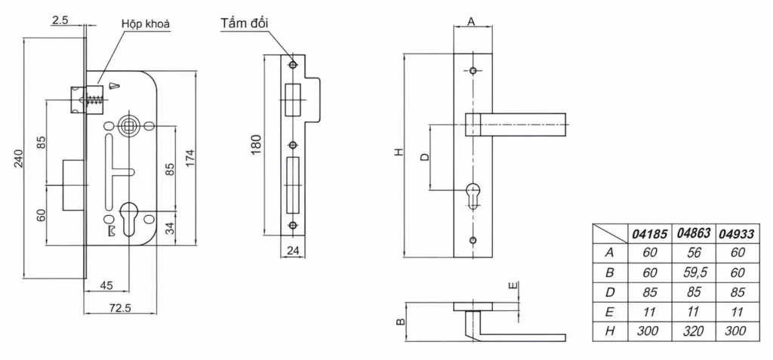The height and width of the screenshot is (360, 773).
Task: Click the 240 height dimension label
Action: point(18,158)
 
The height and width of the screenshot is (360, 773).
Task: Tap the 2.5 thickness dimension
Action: point(60,20)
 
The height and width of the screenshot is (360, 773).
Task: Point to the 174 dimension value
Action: point(190,158)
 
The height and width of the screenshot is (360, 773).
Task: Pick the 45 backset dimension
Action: point(106,285)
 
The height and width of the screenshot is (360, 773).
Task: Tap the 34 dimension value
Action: point(168,229)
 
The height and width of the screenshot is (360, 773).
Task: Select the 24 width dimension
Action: point(293,251)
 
